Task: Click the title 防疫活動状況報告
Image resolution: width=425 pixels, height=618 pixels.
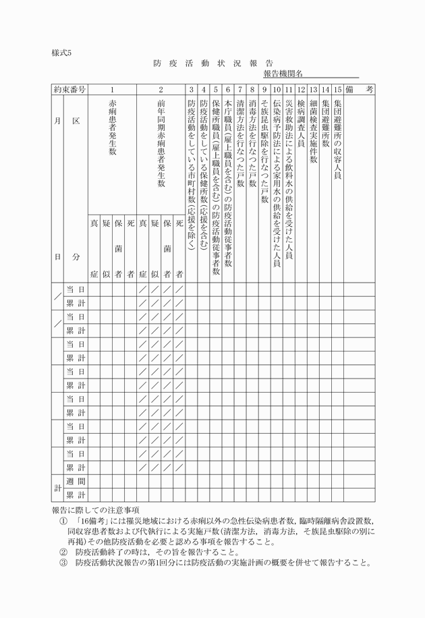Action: (213, 63)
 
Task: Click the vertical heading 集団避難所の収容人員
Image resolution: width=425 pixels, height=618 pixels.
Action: (337, 139)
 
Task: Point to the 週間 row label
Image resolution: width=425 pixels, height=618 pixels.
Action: (75, 480)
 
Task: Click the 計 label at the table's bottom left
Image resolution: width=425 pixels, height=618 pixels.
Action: (57, 488)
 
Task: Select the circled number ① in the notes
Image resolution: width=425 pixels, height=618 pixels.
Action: (63, 522)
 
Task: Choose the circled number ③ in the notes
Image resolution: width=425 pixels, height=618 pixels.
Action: (63, 562)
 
